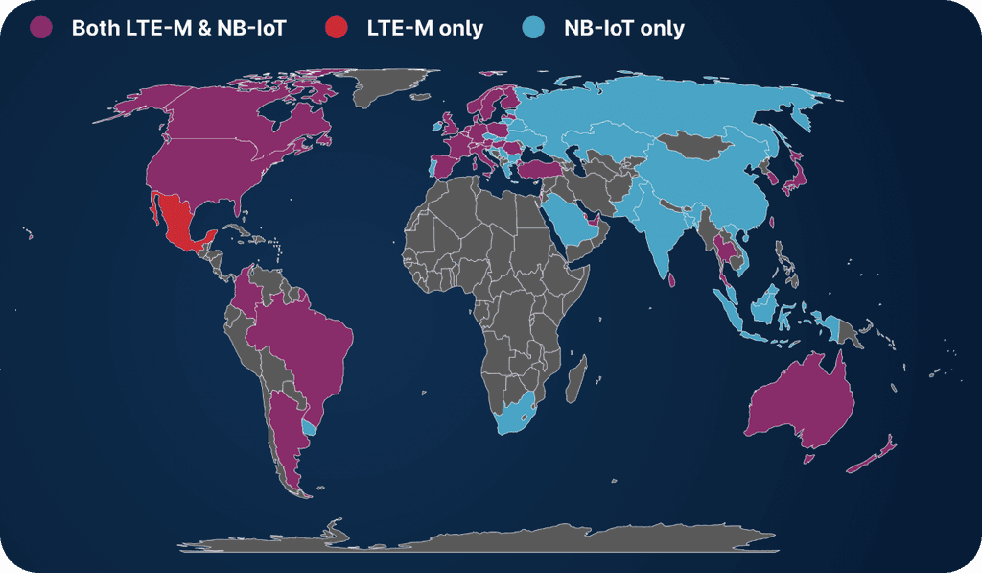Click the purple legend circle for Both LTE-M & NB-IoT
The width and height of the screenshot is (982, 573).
[x=42, y=28]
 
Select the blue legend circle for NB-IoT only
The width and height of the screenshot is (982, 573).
[x=534, y=28]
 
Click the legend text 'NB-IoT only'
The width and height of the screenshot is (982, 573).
[x=623, y=28]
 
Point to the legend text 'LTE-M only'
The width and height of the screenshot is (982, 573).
[x=425, y=28]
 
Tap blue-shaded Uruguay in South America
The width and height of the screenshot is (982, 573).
[x=309, y=426]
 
